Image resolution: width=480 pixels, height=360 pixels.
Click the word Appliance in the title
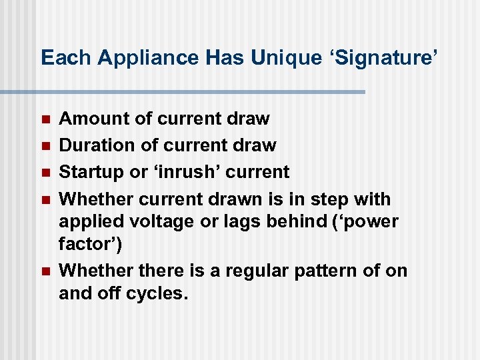click(x=148, y=58)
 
